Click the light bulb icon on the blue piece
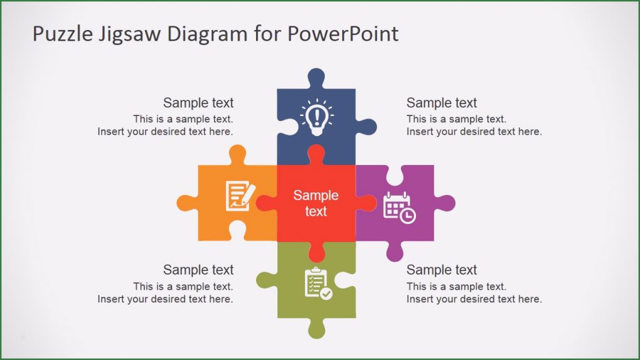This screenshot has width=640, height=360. pyautogui.click(x=317, y=116)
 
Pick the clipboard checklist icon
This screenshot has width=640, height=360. pyautogui.click(x=317, y=283)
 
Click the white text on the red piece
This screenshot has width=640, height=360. pyautogui.click(x=316, y=203)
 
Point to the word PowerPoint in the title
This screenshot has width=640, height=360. pyautogui.click(x=343, y=34)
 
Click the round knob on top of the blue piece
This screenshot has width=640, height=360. pyautogui.click(x=316, y=78)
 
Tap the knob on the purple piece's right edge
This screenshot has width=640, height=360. pyautogui.click(x=445, y=203)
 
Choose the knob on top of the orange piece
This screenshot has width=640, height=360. pyautogui.click(x=237, y=155)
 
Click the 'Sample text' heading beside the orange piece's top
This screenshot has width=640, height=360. pyautogui.click(x=198, y=103)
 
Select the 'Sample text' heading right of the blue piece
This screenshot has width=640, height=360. pyautogui.click(x=442, y=103)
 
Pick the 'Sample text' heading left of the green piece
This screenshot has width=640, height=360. pyautogui.click(x=198, y=270)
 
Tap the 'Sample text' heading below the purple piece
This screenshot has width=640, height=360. pyautogui.click(x=442, y=270)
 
